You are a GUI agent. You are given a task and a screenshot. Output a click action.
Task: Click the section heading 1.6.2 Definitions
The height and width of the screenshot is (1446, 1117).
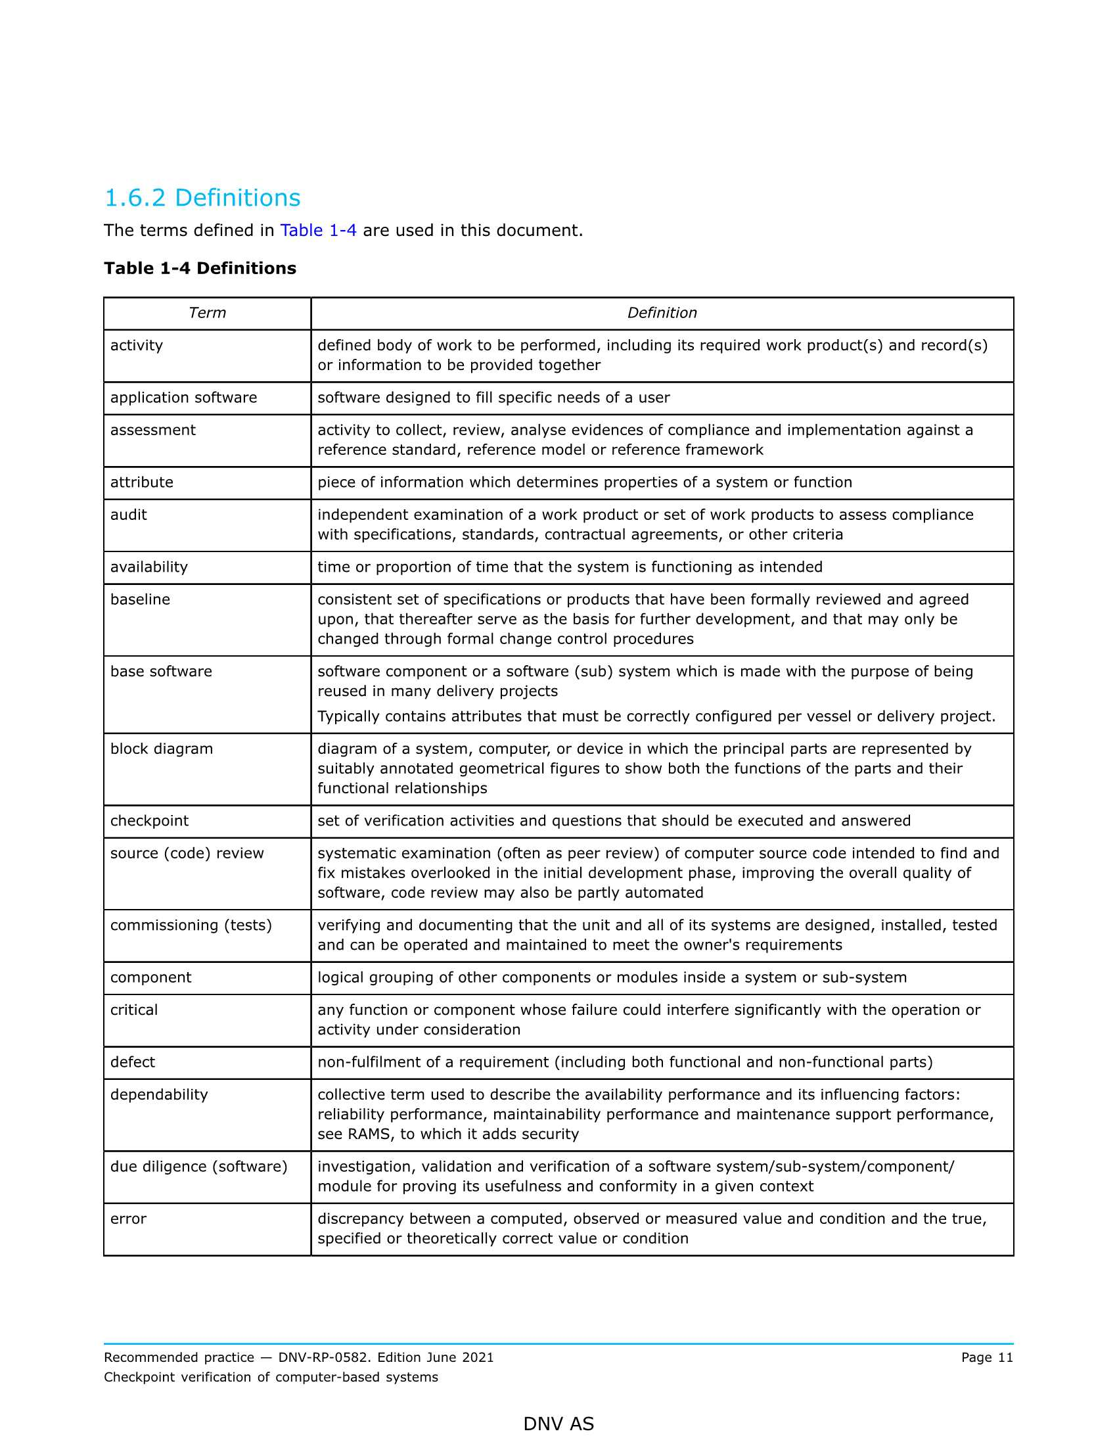point(202,198)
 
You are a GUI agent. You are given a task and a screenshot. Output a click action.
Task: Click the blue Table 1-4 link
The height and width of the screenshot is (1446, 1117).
point(318,231)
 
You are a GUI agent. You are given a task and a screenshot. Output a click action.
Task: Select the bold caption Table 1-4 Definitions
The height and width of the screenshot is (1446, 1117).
point(200,268)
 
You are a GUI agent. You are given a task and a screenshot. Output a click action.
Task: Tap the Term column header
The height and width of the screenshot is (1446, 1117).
point(207,313)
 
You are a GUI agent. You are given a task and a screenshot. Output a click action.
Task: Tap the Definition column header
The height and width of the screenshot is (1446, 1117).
point(662,313)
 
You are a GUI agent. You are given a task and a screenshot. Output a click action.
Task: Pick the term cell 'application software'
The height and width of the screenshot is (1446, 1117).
point(183,398)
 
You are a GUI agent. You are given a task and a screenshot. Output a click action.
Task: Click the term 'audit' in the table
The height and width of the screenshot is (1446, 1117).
point(128,515)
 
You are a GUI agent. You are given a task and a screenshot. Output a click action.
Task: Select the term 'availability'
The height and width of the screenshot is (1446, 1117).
point(149,567)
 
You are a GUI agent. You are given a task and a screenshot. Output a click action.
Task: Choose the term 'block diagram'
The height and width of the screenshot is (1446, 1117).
point(162,749)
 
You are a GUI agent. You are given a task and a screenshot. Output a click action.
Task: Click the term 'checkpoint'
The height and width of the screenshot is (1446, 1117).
point(150,822)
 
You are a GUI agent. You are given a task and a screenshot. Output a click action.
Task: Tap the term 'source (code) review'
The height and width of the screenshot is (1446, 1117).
point(187,854)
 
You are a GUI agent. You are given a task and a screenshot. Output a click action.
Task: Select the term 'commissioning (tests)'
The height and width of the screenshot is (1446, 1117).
point(191,926)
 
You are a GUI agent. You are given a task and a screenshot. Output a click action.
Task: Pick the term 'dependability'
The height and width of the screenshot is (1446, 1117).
point(159,1096)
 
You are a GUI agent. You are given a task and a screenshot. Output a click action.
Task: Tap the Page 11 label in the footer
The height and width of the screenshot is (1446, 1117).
point(987,1358)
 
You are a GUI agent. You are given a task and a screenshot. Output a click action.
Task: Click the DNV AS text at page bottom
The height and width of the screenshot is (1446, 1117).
point(558,1424)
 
